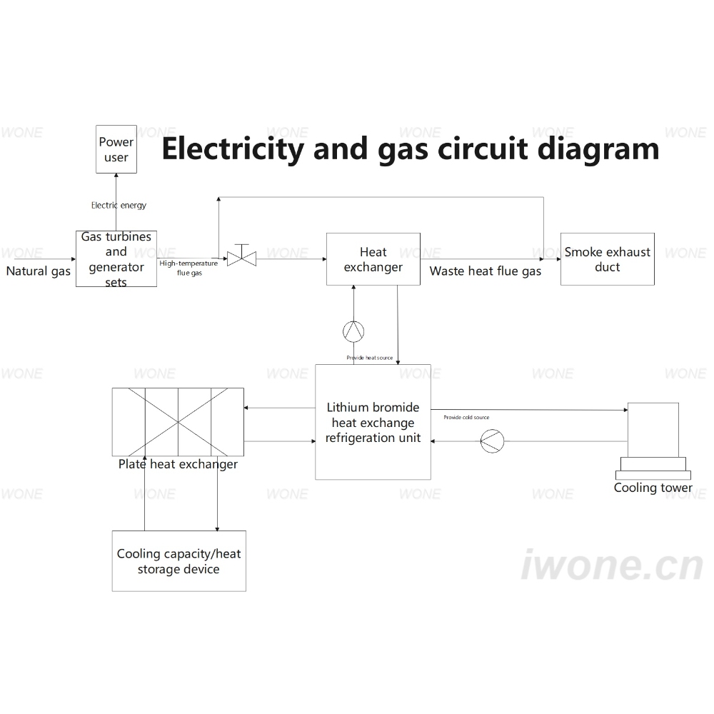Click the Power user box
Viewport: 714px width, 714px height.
coord(116,149)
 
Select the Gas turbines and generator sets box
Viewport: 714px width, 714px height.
coord(116,258)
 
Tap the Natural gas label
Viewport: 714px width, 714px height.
coord(39,271)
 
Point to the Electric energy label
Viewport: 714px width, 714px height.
coord(119,206)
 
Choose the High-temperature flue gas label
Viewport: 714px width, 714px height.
coord(188,268)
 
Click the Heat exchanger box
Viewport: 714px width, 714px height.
coord(373,259)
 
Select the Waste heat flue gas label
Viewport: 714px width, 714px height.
coord(486,271)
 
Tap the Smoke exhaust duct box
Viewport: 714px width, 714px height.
coord(608,259)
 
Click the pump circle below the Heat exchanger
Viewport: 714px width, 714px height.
coord(353,331)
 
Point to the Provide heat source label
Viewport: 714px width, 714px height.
coord(369,358)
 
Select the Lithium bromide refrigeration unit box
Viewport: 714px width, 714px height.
coord(373,422)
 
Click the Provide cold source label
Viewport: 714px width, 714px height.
coord(466,417)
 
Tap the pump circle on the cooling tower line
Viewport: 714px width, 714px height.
coord(492,441)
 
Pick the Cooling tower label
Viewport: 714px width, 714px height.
coord(653,488)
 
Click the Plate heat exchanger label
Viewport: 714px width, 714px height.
coord(178,465)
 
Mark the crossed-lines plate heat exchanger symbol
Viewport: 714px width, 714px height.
coord(178,422)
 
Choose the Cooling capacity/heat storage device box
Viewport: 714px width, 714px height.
coord(179,561)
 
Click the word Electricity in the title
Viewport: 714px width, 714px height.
coord(233,149)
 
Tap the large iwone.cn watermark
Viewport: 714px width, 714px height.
coord(612,565)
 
